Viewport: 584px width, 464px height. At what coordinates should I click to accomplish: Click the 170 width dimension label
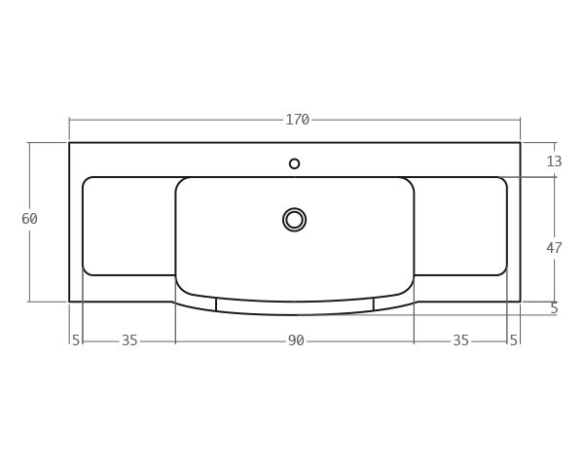coord(297,120)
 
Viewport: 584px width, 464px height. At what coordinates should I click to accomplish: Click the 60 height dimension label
coord(29,219)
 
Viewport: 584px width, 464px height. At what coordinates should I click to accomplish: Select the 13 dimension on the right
coord(554,161)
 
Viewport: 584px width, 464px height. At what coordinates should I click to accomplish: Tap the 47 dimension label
coord(554,248)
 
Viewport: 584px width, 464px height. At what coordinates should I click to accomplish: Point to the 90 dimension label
coord(296,340)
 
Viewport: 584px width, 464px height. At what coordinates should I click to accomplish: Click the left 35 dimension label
coord(129,340)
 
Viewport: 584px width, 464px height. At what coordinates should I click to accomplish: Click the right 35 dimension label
coord(460,340)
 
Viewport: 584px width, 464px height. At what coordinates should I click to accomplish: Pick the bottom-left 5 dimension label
coord(76,340)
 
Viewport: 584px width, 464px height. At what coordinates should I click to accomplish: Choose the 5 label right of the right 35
coord(514,340)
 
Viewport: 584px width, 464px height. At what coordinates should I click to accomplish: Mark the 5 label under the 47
coord(554,308)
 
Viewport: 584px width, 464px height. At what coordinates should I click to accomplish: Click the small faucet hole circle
coord(294,163)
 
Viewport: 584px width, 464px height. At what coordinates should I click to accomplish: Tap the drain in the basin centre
coord(294,220)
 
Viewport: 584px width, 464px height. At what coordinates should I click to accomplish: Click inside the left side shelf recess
coord(128,226)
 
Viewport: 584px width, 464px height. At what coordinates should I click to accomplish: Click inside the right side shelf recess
coord(460,226)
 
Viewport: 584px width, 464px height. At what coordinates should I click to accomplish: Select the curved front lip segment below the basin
coord(295,307)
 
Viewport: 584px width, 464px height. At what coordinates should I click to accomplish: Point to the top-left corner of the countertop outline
coord(69,143)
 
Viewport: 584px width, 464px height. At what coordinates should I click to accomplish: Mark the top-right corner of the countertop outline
coord(521,143)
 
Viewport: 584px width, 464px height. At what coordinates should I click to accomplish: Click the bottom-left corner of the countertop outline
coord(69,302)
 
